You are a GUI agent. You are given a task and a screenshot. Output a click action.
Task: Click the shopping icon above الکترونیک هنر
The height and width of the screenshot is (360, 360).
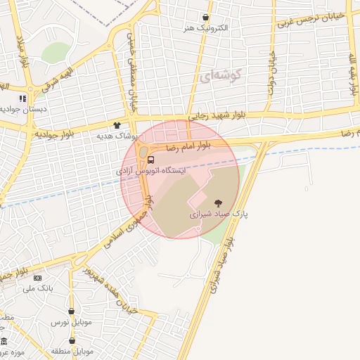click(x=205, y=18)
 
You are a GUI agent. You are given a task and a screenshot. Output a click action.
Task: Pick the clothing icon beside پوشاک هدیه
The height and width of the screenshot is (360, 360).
click(x=117, y=124)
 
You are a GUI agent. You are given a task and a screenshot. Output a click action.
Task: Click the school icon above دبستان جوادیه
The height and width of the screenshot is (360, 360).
click(x=22, y=98)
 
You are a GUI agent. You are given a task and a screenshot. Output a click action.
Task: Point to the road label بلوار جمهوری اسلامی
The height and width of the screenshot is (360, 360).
click(x=127, y=226)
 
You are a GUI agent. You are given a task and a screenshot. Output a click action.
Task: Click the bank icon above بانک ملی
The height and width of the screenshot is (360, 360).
click(x=37, y=278)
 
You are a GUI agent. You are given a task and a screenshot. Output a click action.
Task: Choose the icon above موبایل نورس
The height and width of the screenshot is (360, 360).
click(x=71, y=311)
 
